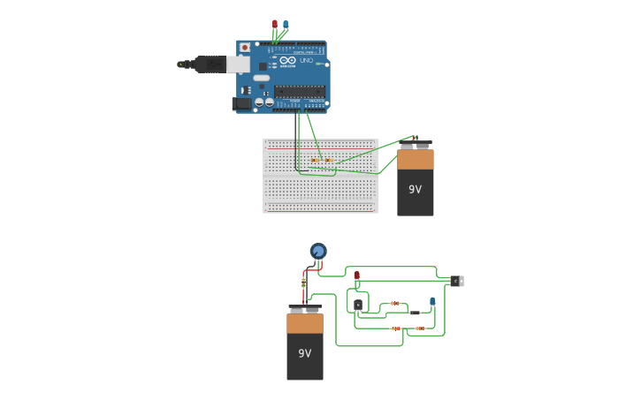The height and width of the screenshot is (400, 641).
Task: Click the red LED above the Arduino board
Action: point(275,24)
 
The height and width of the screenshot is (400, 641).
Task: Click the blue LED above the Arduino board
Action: point(286,24)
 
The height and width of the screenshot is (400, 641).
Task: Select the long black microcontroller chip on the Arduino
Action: point(299,91)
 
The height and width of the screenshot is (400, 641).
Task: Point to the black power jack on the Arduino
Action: point(240,103)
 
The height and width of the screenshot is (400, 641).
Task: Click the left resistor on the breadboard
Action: point(316,160)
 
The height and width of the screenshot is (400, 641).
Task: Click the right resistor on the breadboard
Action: point(329,160)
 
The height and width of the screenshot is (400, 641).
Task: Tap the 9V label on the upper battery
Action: point(415,189)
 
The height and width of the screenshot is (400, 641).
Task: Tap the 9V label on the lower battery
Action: point(304,353)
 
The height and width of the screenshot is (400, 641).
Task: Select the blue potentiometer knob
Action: point(318,251)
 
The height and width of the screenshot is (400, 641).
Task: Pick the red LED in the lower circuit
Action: point(357,276)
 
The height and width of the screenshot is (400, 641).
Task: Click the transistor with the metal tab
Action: point(456,281)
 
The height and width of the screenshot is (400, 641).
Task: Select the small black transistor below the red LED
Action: point(358,305)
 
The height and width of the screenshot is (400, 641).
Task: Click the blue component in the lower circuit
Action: point(432,302)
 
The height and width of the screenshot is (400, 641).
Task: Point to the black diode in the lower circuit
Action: point(415,313)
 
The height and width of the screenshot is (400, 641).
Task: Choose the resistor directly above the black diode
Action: point(395,303)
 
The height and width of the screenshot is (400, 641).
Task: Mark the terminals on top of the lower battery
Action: point(304,308)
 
